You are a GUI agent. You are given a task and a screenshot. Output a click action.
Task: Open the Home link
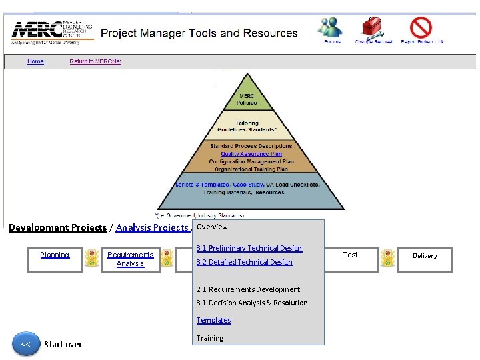(35, 61)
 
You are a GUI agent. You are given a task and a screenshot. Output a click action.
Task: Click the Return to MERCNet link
(95, 61)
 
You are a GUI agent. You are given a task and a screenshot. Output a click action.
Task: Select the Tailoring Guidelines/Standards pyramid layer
(247, 126)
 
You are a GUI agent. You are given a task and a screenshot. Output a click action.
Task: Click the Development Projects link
(57, 227)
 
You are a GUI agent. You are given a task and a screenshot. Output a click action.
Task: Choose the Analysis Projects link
(152, 227)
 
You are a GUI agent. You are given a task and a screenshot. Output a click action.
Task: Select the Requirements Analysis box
(131, 259)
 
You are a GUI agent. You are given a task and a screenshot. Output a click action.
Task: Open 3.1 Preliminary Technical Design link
(249, 248)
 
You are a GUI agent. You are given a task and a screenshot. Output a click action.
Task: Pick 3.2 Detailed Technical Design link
(244, 262)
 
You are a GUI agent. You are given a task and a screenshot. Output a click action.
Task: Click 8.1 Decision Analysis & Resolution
(252, 303)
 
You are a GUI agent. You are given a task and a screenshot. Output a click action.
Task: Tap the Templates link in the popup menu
(213, 320)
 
